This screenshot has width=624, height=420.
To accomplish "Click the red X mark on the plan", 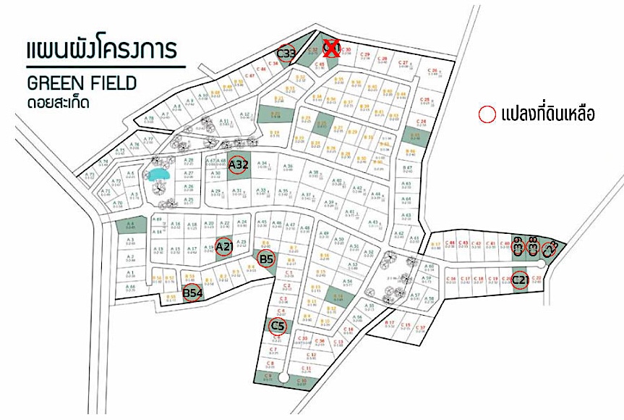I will point(332,49).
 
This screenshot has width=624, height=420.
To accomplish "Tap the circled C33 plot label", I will point(287,53).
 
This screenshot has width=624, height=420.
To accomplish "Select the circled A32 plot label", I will point(239,166).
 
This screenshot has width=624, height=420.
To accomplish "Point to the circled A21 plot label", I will point(225,248).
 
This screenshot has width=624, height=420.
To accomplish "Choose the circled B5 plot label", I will point(267,259).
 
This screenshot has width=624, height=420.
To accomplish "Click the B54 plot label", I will point(192,293).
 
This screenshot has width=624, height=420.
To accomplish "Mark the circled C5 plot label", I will point(277,327).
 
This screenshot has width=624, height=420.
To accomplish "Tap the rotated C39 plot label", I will point(518,246).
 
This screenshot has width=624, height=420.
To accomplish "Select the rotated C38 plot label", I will point(534,246).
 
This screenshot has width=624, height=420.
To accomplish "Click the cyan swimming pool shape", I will point(158,173).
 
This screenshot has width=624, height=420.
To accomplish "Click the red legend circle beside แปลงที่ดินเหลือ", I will point(487,114).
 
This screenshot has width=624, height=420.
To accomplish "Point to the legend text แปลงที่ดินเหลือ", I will point(547,114).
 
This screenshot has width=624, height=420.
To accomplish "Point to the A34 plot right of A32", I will point(263,166).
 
